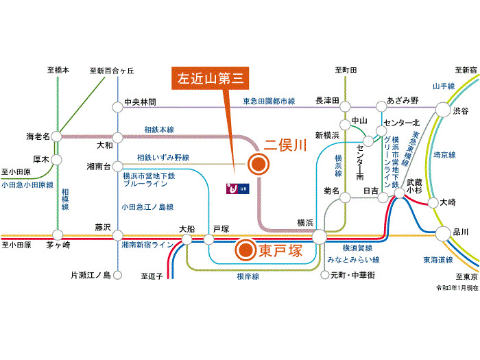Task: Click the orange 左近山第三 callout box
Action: (x=210, y=78)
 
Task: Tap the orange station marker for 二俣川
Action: (x=259, y=164)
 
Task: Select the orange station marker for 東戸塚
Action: (x=245, y=250)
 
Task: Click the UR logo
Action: (x=237, y=189)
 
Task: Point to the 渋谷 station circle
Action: (x=443, y=109)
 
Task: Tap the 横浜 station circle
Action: (x=320, y=237)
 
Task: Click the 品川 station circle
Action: (x=443, y=234)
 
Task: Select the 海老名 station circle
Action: (x=57, y=136)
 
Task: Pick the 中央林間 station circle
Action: (x=117, y=108)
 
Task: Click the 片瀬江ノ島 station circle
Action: (x=117, y=275)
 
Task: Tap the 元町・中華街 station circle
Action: (x=324, y=275)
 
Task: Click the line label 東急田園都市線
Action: (x=269, y=101)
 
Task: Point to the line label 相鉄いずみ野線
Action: (x=163, y=158)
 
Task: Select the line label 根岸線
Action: (x=248, y=276)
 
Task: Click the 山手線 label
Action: (x=444, y=86)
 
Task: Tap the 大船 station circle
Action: (x=187, y=239)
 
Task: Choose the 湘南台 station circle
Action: (x=117, y=167)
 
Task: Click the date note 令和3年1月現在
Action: (x=457, y=288)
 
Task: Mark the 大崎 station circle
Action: (x=433, y=203)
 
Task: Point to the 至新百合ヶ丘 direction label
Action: (x=112, y=71)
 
